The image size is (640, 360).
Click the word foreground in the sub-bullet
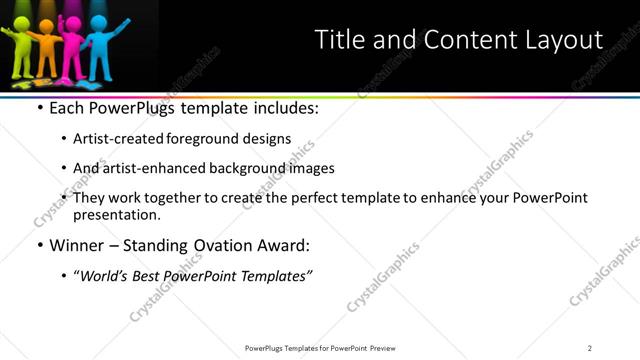pyautogui.click(x=198, y=139)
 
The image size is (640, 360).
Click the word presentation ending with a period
pyautogui.click(x=117, y=215)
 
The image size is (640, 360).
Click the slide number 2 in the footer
pyautogui.click(x=590, y=347)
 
